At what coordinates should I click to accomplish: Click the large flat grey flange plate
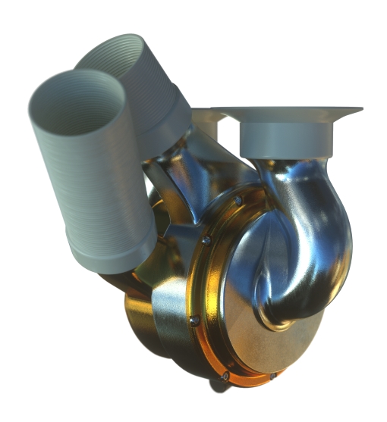(x=288, y=111)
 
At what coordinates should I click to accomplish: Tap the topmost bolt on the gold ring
(x=238, y=200)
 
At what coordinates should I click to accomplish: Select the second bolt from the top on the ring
(x=206, y=241)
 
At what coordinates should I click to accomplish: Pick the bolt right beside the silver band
(x=194, y=320)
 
